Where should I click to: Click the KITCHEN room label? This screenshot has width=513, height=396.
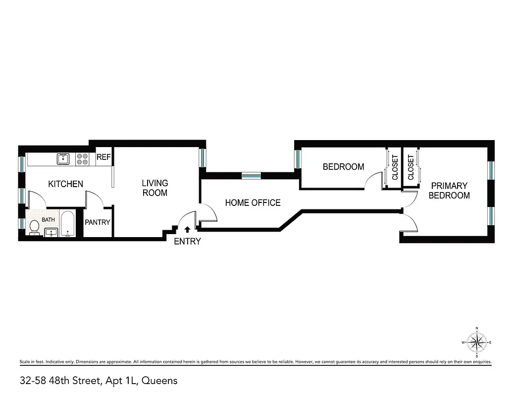pyautogui.click(x=65, y=184)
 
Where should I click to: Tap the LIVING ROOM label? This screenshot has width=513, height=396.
pyautogui.click(x=155, y=188)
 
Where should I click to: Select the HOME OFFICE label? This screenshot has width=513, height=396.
pyautogui.click(x=253, y=202)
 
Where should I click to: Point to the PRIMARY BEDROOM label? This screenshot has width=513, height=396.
pyautogui.click(x=449, y=191)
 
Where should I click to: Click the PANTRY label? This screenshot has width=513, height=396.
pyautogui.click(x=98, y=222)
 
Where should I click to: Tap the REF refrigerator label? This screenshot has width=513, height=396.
pyautogui.click(x=103, y=157)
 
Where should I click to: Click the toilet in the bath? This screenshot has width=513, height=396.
pyautogui.click(x=34, y=227)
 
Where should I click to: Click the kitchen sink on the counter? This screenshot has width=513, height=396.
pyautogui.click(x=63, y=159)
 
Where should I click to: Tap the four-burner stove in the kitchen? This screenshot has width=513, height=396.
pyautogui.click(x=82, y=159)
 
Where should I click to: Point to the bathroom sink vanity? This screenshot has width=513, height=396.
pyautogui.click(x=51, y=232)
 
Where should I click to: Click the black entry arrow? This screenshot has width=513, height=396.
pyautogui.click(x=187, y=229)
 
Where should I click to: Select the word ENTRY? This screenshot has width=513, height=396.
pyautogui.click(x=188, y=242)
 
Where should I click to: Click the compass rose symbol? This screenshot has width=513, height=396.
pyautogui.click(x=476, y=342)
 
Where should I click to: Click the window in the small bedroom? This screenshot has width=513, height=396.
pyautogui.click(x=298, y=159)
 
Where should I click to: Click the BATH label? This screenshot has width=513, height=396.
pyautogui.click(x=48, y=219)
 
